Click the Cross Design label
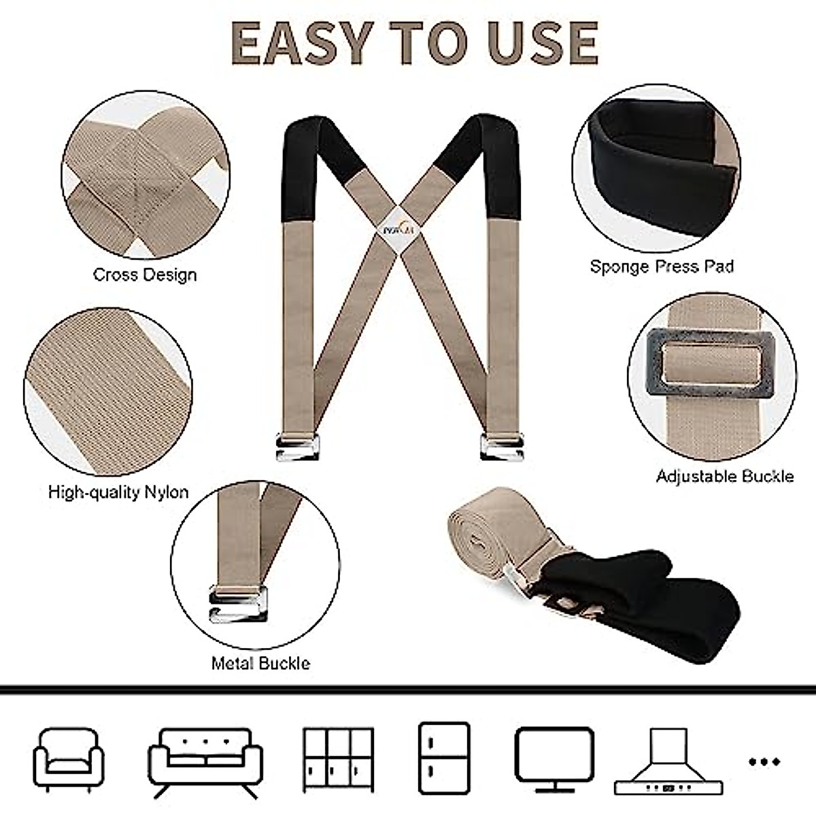(x=145, y=275)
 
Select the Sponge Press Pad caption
(x=662, y=266)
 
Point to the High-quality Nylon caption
(x=118, y=492)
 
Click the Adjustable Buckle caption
(x=725, y=476)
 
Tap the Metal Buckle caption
(x=260, y=663)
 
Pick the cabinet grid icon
(x=338, y=759)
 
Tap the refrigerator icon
(x=443, y=758)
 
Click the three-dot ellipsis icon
(x=764, y=762)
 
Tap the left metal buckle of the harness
(x=297, y=447)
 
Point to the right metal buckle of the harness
(x=501, y=447)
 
